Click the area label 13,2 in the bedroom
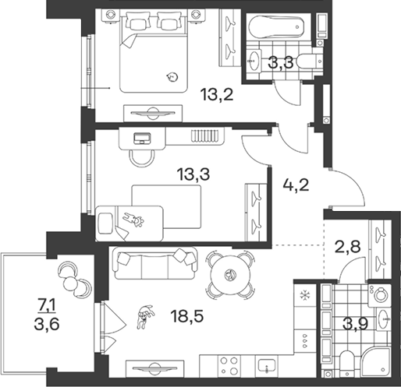pos(217,94)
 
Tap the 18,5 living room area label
pos(186,316)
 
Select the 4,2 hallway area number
pos(296,185)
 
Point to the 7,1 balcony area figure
pos(47,308)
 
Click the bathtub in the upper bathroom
pos(276,27)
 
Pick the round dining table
pos(230,274)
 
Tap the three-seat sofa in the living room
pos(155,263)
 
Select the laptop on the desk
pos(142,139)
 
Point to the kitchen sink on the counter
pos(267,365)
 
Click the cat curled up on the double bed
pos(172,77)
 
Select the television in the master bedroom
pos(153,113)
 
